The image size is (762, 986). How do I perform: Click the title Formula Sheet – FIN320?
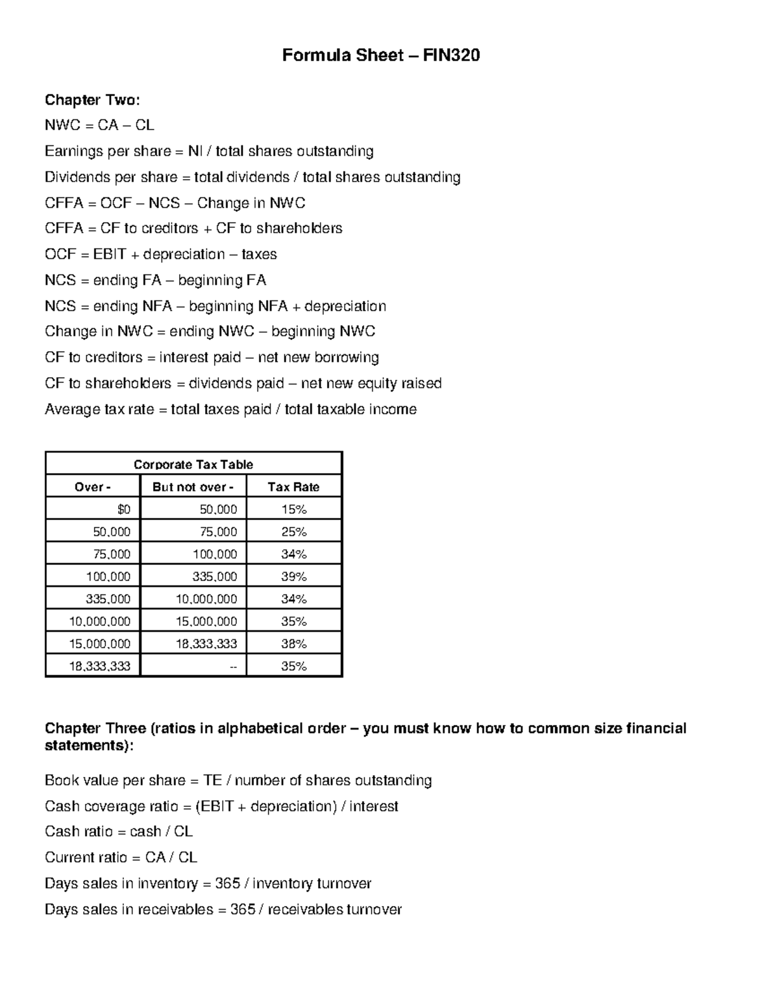coord(381,56)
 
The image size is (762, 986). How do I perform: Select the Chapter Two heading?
coord(91,100)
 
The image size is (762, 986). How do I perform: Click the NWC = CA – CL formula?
coord(99,125)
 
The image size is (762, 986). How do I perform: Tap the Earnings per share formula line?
coord(209,151)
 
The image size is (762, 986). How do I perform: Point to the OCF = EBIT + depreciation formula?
coord(161,255)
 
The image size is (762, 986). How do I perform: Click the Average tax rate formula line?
coord(231,410)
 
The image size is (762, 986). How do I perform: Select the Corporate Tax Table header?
coord(194,464)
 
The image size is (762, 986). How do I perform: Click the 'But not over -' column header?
coord(193,487)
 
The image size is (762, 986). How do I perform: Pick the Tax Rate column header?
coord(293,487)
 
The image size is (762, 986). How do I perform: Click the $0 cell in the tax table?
coord(124,509)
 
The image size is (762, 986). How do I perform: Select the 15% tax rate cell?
coord(293,509)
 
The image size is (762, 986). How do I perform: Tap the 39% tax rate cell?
coord(293,576)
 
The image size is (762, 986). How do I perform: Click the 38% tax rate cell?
coord(293,644)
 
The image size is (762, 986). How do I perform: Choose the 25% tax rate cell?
coord(293,531)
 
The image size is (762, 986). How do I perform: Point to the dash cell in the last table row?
coord(233,666)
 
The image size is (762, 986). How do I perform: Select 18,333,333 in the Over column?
coord(100,666)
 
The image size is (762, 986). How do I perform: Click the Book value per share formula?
coord(238,780)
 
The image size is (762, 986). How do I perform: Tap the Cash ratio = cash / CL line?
coord(119,832)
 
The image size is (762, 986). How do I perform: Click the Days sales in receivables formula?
coord(223,910)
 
